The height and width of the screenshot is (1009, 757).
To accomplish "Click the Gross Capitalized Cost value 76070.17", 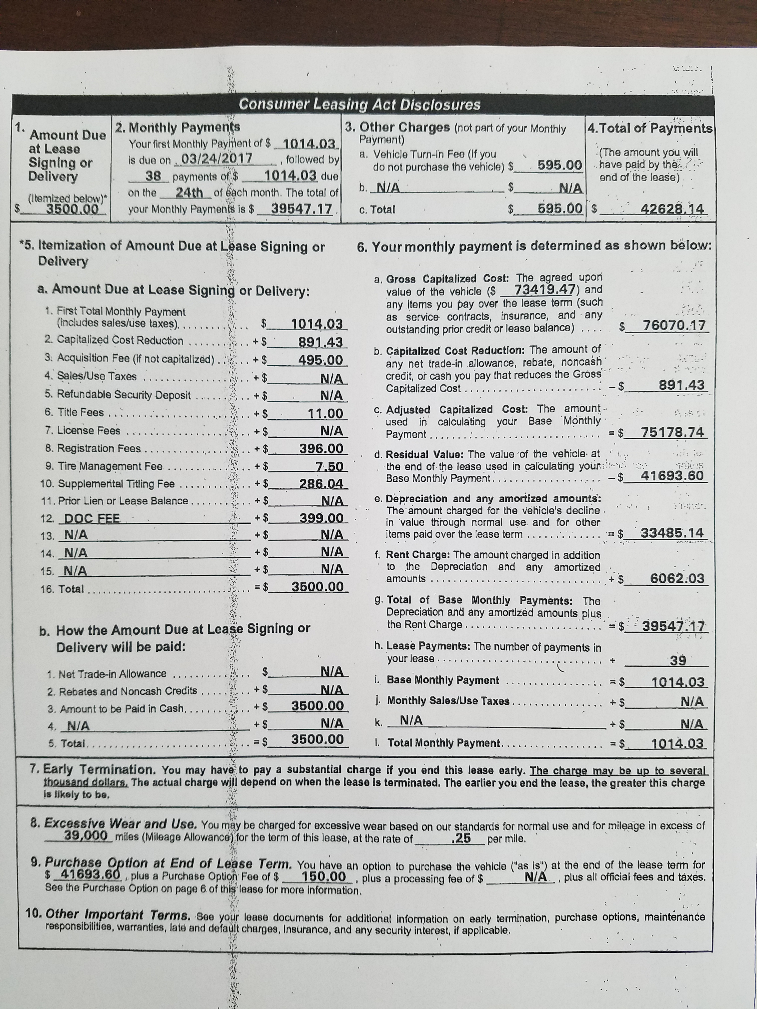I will point(673,326).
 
